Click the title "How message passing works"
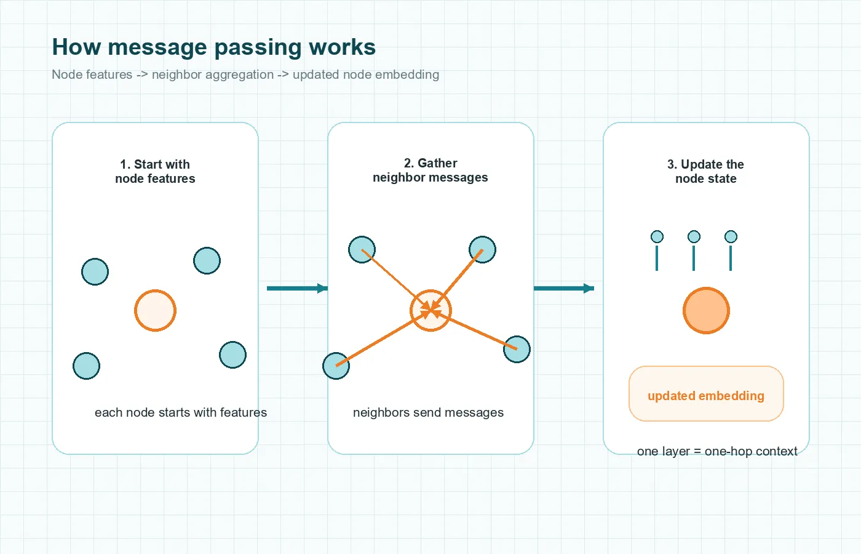[213, 47]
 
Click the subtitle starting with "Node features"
[245, 74]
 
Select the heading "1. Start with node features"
[155, 172]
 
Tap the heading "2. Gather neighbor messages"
[430, 171]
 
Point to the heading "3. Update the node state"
[705, 172]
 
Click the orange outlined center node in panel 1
[155, 310]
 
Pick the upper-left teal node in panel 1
[95, 271]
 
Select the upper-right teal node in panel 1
[207, 260]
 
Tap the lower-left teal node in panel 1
[86, 366]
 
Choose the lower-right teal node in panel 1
[232, 355]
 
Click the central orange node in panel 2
[430, 310]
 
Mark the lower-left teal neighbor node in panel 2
[336, 366]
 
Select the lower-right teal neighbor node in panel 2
[517, 349]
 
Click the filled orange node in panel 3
[706, 310]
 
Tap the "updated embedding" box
[706, 394]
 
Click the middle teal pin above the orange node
[694, 237]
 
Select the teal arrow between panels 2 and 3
[563, 288]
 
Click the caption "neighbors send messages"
[428, 412]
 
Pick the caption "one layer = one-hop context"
[717, 451]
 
